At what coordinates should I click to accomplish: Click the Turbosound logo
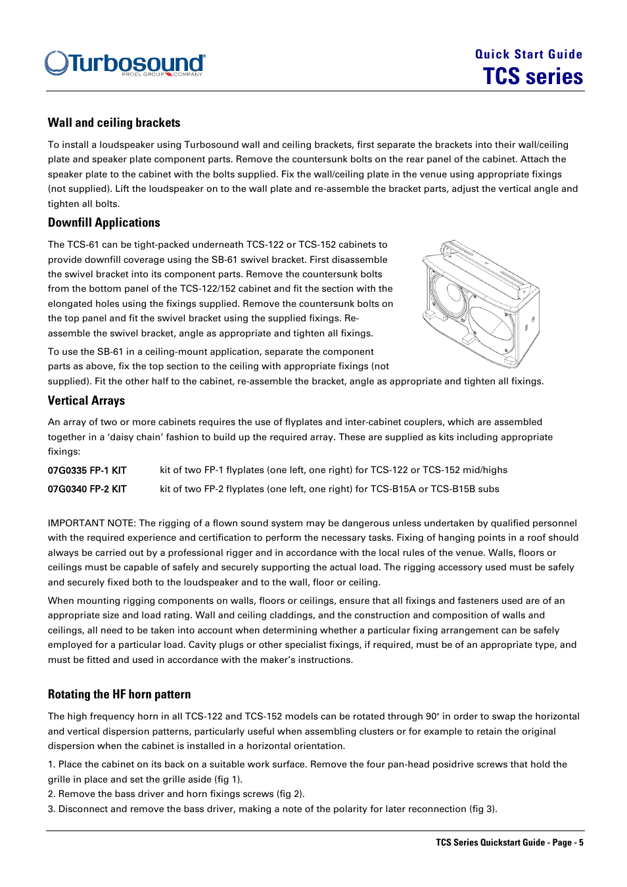point(125,63)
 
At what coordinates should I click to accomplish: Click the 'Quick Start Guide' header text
point(528,55)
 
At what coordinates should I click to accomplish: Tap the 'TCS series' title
point(532,77)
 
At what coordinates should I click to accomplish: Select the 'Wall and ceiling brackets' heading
point(114,123)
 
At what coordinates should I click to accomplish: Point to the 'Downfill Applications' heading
point(104,223)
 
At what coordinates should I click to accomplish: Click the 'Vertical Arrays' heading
point(86,401)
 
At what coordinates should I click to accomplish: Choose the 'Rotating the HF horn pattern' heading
point(119,694)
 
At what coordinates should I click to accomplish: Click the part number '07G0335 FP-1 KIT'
point(87,470)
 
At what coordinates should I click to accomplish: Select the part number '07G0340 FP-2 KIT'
point(87,489)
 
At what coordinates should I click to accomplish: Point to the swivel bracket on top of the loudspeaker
point(486,266)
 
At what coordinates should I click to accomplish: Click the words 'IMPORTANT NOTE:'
point(91,523)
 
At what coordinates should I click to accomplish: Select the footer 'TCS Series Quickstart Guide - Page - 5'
point(509,842)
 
